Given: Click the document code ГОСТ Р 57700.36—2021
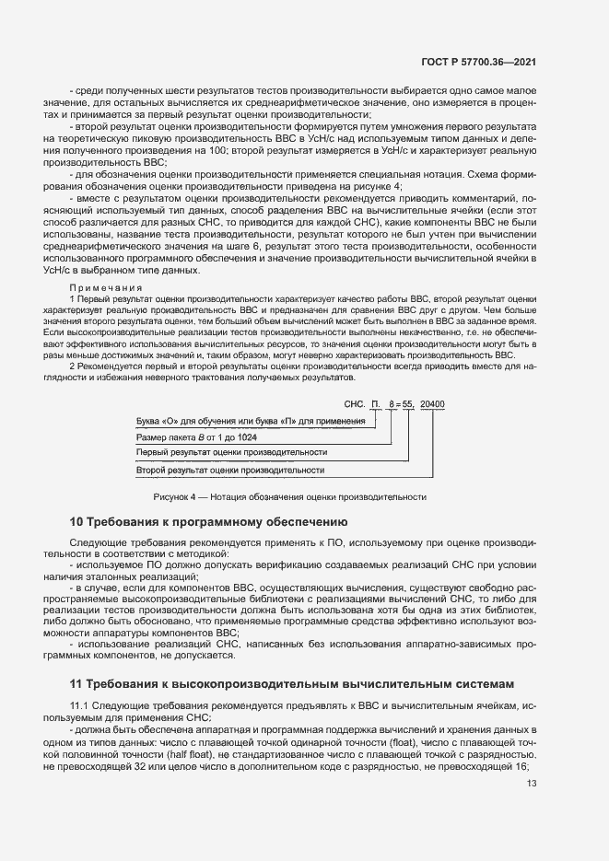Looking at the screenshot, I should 486,64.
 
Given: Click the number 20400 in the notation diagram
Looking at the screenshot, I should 432,403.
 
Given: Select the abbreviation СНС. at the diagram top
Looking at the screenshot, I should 355,403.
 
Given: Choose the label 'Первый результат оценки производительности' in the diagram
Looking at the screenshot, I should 231,453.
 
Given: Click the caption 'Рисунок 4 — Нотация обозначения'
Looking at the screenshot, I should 289,497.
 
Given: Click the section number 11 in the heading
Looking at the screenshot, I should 76,683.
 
